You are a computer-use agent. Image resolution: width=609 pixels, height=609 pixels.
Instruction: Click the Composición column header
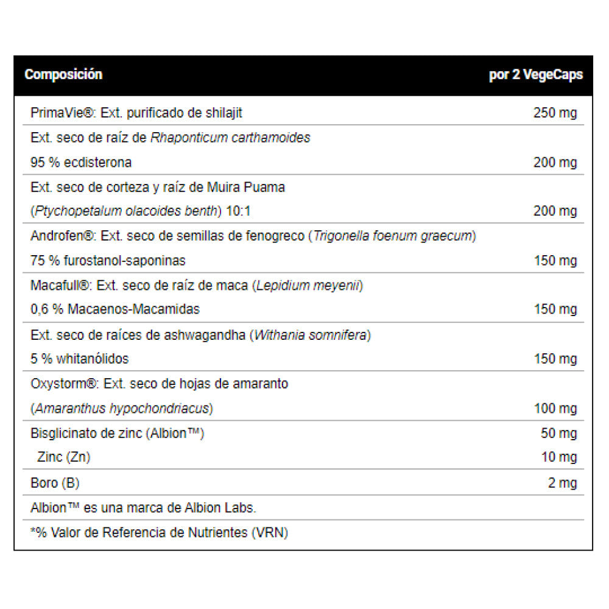pos(63,75)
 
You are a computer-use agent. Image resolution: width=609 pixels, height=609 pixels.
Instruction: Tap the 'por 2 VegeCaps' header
pos(536,75)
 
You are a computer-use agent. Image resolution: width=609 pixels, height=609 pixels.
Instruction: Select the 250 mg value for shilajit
pos(555,113)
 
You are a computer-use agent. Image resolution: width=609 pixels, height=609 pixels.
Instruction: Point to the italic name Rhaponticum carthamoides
pos(230,138)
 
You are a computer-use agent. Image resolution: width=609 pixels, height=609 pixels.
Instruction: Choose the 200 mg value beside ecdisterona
pos(555,163)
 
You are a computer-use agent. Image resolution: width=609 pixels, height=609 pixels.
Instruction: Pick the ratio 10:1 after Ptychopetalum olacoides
pos(238,211)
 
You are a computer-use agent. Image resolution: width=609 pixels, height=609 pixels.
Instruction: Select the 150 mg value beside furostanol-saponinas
pos(555,261)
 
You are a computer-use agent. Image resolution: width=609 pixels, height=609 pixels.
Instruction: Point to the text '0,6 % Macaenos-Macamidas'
pos(115,309)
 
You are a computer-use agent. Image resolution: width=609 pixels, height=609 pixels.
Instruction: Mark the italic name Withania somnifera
pos(311,334)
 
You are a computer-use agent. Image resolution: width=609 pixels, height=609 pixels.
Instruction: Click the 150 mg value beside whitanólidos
pos(555,359)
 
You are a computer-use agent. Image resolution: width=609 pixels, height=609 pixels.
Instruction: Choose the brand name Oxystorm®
pos(64,384)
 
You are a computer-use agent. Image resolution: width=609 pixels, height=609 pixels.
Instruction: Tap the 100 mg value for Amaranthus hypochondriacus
pos(555,408)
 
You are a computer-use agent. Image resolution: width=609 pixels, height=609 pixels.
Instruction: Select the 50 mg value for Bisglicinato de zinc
pos(558,434)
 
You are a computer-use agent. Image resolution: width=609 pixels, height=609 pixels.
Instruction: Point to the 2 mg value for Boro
pos(562,484)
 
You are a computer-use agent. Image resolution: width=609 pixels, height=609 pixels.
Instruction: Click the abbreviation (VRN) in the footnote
pos(269,533)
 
